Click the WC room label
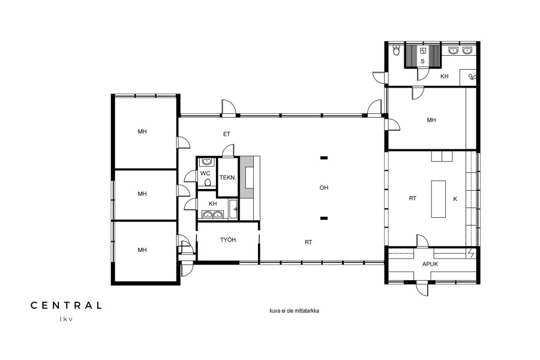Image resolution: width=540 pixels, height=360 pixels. pyautogui.click(x=205, y=173)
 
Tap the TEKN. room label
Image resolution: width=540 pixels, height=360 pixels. pyautogui.click(x=227, y=178)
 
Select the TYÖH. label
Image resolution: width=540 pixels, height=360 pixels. pyautogui.click(x=229, y=240)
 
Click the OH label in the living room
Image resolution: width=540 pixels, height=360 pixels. pyautogui.click(x=324, y=188)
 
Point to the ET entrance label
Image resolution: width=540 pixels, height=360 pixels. pyautogui.click(x=227, y=134)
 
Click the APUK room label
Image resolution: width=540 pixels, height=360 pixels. pyautogui.click(x=430, y=264)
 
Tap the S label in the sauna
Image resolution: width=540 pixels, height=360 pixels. pyautogui.click(x=422, y=62)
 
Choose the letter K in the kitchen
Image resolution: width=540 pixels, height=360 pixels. pyautogui.click(x=455, y=199)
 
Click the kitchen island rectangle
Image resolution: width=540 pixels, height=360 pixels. pyautogui.click(x=439, y=199)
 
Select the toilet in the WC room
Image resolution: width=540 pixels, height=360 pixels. pyautogui.click(x=208, y=182)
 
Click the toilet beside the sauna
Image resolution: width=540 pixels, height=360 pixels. pyautogui.click(x=397, y=51)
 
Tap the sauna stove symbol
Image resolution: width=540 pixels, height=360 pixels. pyautogui.click(x=422, y=51)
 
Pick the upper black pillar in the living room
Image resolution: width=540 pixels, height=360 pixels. pyautogui.click(x=324, y=158)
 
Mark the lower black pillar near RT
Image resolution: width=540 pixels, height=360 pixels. pyautogui.click(x=324, y=218)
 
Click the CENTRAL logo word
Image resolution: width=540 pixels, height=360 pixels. pyautogui.click(x=66, y=305)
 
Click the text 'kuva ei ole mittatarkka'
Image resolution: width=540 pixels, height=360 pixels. pyautogui.click(x=294, y=311)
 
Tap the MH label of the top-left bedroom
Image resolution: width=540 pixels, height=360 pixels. pyautogui.click(x=142, y=131)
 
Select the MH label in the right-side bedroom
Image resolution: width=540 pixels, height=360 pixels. pyautogui.click(x=431, y=120)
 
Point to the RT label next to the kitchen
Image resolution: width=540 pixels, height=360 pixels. pyautogui.click(x=413, y=199)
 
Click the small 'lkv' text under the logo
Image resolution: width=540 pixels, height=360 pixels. pyautogui.click(x=66, y=319)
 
